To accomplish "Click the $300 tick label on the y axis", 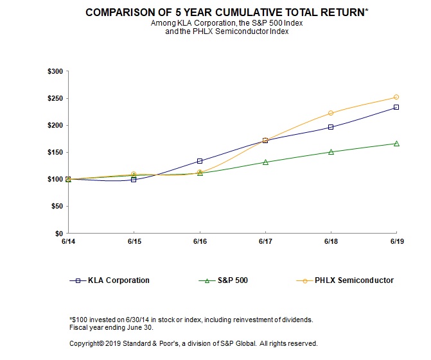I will pyautogui.click(x=55, y=71).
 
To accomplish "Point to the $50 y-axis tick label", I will pyautogui.click(x=57, y=206).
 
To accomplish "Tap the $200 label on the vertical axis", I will pyautogui.click(x=55, y=125).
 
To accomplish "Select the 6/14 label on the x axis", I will pyautogui.click(x=68, y=242).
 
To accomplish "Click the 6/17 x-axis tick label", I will pyautogui.click(x=265, y=242).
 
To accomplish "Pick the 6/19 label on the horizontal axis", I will pyautogui.click(x=396, y=242).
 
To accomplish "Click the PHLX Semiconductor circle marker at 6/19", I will pyautogui.click(x=396, y=98).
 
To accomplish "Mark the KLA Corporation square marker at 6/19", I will pyautogui.click(x=396, y=107).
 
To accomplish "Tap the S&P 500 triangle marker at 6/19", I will pyautogui.click(x=396, y=143).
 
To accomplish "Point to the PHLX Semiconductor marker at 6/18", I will pyautogui.click(x=331, y=113).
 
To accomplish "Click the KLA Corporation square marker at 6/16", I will pyautogui.click(x=200, y=161).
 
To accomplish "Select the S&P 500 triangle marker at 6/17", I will pyautogui.click(x=265, y=162).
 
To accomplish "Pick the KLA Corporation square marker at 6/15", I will pyautogui.click(x=134, y=180).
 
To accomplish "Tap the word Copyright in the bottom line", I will pyautogui.click(x=87, y=343).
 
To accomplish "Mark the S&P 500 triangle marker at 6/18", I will pyautogui.click(x=331, y=152).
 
